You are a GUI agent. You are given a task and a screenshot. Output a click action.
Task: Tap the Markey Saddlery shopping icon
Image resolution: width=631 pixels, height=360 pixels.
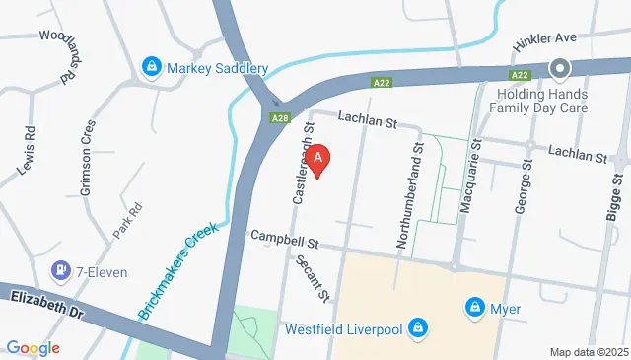coord(152,68)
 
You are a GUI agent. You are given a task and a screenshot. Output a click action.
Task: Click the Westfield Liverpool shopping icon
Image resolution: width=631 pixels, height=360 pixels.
coord(418,327)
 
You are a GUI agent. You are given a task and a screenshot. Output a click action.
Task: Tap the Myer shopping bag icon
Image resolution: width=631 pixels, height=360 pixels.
coord(474,309)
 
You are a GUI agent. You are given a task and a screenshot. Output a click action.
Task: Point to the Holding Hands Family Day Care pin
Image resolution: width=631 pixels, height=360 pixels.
coord(560,69)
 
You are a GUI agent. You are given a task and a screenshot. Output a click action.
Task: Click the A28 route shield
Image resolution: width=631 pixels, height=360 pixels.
coord(280,118)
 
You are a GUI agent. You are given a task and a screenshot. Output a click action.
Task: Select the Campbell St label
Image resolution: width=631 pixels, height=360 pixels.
coord(286,238)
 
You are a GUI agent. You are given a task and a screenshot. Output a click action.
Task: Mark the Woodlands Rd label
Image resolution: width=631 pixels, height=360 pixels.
coord(58,54)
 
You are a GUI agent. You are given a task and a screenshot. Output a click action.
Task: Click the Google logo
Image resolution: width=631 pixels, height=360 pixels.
coord(34,347)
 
